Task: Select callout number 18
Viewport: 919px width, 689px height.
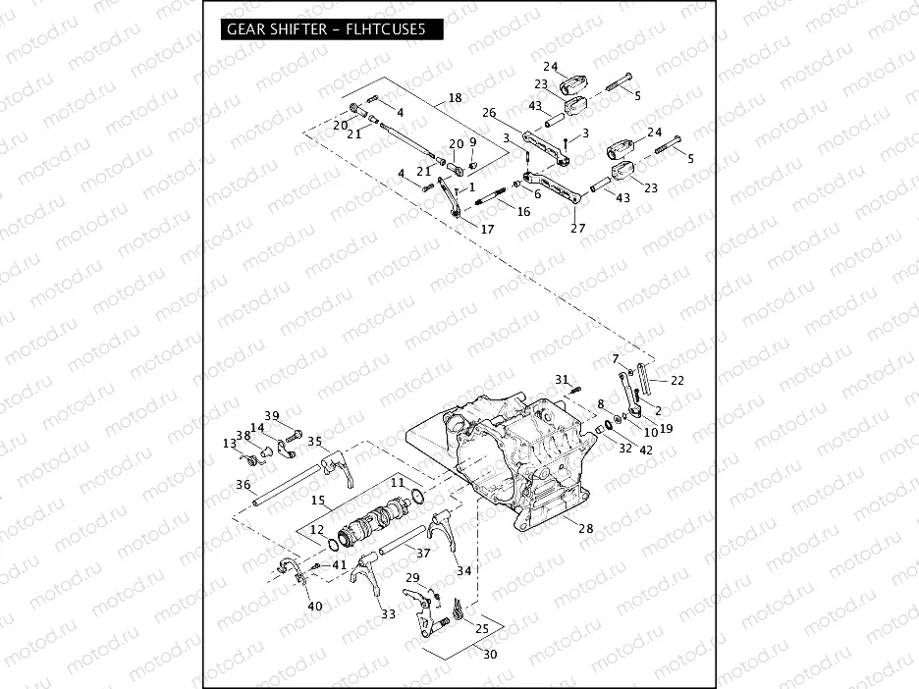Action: tap(454, 97)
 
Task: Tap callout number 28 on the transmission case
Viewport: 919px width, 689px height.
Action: tap(586, 529)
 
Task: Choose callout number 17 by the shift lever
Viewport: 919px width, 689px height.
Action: tap(488, 229)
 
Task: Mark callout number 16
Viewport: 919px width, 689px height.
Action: tap(523, 211)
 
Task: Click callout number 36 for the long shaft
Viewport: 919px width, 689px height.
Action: tap(243, 484)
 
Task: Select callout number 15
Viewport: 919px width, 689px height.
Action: tap(317, 500)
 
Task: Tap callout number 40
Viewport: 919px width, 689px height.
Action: tap(314, 606)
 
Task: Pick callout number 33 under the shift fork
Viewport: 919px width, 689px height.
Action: tap(389, 614)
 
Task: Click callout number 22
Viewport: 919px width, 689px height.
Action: tap(677, 380)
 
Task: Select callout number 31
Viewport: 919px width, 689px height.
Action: tap(562, 379)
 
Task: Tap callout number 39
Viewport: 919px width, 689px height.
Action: tap(272, 415)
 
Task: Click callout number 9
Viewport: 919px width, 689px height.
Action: tap(472, 141)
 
